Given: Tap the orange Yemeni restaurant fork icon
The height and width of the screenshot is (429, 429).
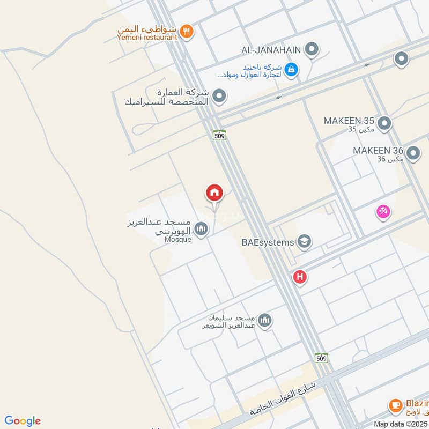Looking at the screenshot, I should [x=187, y=31].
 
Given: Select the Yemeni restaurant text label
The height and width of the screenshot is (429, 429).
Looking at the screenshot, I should [x=147, y=38].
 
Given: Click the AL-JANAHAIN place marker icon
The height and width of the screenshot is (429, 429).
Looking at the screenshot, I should [x=311, y=50].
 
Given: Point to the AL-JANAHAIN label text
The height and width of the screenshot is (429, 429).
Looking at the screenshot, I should [x=270, y=50].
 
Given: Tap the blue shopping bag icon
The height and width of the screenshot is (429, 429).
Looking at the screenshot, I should [x=291, y=69].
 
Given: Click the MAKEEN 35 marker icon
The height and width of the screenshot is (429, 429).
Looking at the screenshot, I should [x=384, y=124].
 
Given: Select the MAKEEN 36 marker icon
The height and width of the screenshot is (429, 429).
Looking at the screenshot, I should [x=413, y=154].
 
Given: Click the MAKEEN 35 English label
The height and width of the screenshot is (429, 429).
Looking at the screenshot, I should [x=349, y=121].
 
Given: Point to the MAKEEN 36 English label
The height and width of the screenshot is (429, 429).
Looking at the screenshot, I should [x=378, y=151].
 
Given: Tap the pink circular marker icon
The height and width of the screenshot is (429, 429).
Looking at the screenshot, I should [x=383, y=212].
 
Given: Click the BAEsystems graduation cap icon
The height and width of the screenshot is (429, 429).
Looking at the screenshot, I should [x=304, y=242].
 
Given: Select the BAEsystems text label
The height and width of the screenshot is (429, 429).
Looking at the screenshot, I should [x=268, y=242].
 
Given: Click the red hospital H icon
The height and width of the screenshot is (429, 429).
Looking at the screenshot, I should [x=300, y=277].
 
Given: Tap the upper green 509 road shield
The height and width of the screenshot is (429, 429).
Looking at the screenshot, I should [x=219, y=135].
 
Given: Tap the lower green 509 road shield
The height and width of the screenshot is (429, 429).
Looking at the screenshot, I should [x=321, y=358].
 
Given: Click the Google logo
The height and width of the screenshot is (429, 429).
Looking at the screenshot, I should [x=22, y=421].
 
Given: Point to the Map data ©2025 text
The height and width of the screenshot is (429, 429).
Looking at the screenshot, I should [x=401, y=424].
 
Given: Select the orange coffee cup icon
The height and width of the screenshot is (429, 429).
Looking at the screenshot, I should [x=396, y=405].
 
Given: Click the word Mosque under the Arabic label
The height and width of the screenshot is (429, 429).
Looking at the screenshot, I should [x=177, y=239].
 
